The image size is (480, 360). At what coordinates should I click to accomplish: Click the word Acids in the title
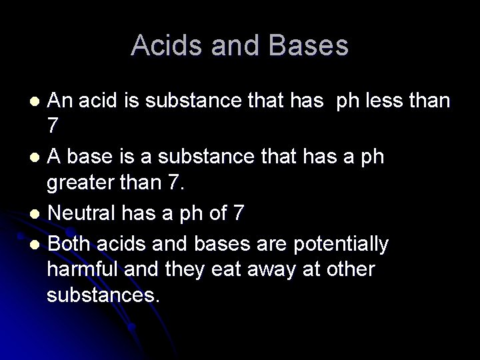164,46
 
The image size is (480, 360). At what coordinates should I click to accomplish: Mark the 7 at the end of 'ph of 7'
239,215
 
